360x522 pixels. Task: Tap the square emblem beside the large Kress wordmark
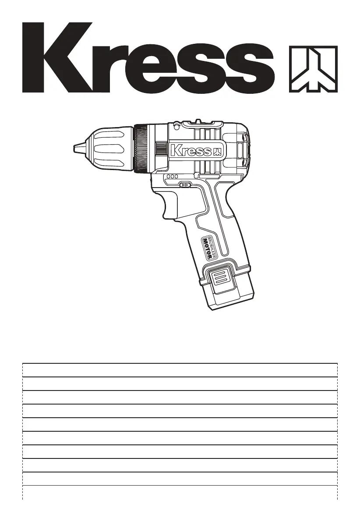[x=313, y=69]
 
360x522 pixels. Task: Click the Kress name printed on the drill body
[x=191, y=151]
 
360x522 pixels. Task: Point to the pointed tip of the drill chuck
[x=74, y=147]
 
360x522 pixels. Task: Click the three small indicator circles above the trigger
[x=172, y=177]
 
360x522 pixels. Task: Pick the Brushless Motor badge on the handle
[x=210, y=247]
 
